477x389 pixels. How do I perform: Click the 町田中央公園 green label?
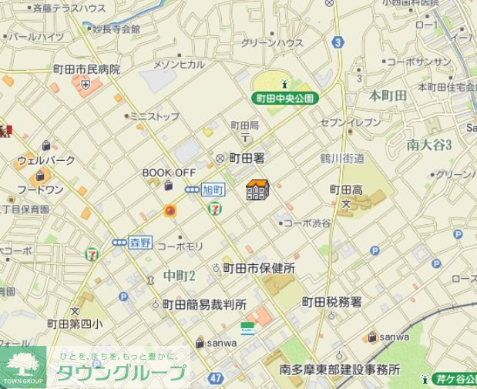285,99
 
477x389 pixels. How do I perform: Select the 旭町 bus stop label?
212,189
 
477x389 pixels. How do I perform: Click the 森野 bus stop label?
139,242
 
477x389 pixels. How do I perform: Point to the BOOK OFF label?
169,173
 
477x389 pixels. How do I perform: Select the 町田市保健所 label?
259,269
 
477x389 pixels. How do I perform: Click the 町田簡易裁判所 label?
204,304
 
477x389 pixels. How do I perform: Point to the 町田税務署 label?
331,302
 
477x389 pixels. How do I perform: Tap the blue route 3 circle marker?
338,43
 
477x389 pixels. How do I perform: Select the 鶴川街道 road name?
341,158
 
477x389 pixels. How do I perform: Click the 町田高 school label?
345,189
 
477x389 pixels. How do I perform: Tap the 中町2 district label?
180,276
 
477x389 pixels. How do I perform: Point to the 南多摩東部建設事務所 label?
340,369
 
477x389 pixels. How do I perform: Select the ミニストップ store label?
154,116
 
